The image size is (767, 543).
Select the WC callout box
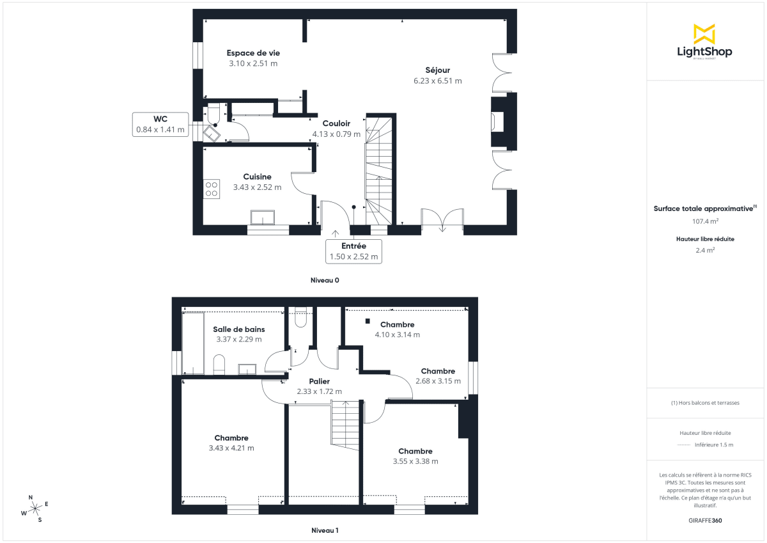[160, 124]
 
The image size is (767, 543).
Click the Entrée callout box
[353, 251]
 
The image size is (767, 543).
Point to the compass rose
[36, 508]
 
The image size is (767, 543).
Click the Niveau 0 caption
[324, 280]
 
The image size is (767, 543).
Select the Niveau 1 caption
[325, 530]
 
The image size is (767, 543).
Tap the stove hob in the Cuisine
[212, 189]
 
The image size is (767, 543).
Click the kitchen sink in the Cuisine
[263, 217]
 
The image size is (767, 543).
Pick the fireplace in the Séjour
[497, 122]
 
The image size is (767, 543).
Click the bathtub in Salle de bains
[193, 343]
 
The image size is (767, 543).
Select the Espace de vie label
[253, 53]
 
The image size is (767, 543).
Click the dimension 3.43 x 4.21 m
[231, 448]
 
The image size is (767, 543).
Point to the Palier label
[319, 381]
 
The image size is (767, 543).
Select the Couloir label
[336, 123]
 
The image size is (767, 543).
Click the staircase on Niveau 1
[346, 424]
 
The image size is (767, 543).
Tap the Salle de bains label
[238, 329]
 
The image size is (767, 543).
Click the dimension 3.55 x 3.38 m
[415, 461]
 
